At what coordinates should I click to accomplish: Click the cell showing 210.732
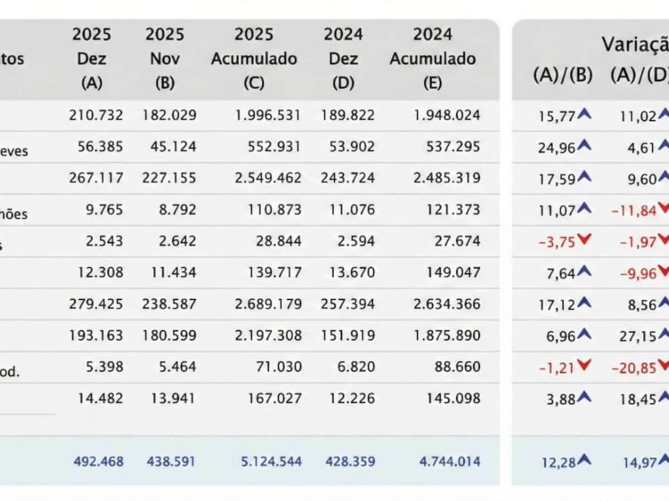[x=96, y=115]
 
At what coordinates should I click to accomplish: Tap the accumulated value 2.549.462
[x=256, y=178]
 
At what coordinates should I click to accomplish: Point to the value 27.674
[x=457, y=241]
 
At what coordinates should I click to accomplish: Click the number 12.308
[x=96, y=273]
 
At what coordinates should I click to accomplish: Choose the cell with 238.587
[x=171, y=304]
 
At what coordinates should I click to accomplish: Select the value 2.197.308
[x=256, y=336]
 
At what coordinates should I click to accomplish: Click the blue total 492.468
[x=98, y=461]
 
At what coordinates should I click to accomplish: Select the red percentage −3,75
[x=556, y=241]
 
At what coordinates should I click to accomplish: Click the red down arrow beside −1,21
[x=584, y=366]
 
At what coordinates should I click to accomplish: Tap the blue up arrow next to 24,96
[x=584, y=145]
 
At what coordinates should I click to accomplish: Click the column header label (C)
[x=254, y=83]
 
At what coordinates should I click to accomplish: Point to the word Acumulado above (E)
[x=432, y=59]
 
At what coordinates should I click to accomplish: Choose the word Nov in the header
[x=165, y=59]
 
